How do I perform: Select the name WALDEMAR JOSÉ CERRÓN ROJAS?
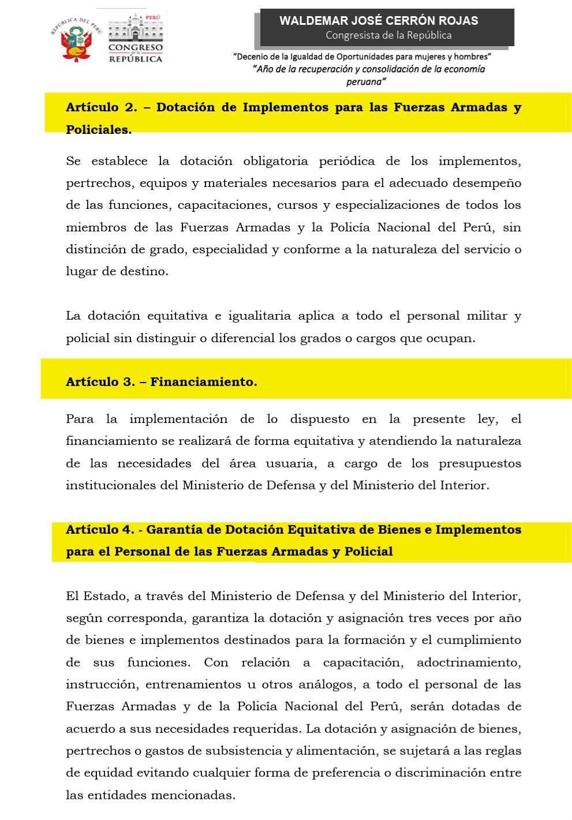tap(379, 21)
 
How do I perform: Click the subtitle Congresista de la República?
tap(388, 35)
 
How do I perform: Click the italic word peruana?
tap(366, 82)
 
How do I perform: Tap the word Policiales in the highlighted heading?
tap(98, 130)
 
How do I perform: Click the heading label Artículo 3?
tap(100, 382)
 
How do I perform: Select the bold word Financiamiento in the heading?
tap(203, 382)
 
